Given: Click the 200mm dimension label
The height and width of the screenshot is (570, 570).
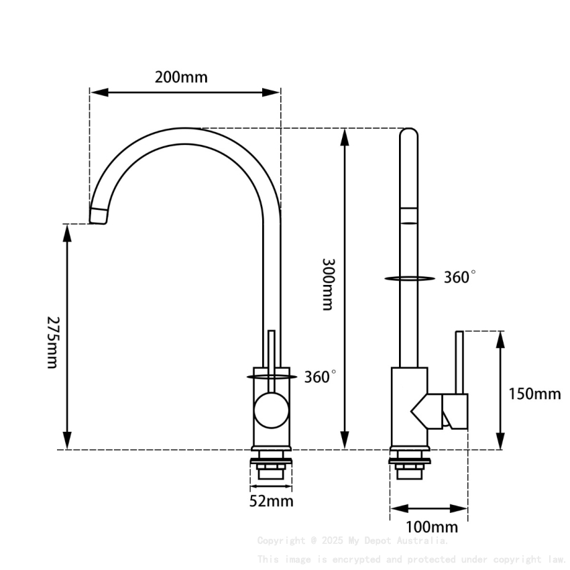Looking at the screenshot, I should (x=181, y=76).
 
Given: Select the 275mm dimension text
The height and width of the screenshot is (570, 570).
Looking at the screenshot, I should (x=53, y=341).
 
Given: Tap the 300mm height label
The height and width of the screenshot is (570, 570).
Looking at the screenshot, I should (x=327, y=284).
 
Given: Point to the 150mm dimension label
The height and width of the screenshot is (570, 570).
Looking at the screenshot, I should (x=534, y=394).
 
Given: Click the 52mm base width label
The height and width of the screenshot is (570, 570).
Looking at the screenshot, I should (x=271, y=500).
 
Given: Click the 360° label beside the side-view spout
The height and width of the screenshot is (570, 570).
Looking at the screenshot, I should (x=459, y=278).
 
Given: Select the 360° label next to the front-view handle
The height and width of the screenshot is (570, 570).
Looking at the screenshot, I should (x=320, y=377).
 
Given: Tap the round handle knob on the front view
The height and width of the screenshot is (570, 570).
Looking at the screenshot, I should (x=271, y=410).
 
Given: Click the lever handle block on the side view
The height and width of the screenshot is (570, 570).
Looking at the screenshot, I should (x=455, y=410).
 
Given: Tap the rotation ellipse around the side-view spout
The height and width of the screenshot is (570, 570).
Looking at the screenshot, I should (x=410, y=278).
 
